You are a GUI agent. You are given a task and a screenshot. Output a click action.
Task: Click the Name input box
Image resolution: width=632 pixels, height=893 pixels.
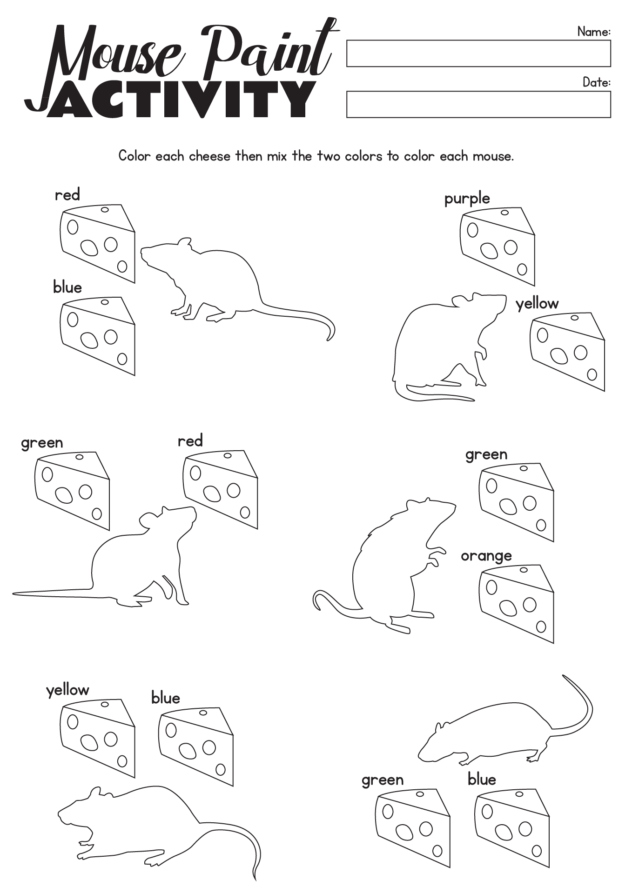(x=478, y=53)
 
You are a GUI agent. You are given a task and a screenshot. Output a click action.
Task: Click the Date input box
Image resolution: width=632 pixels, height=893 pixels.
(x=478, y=104)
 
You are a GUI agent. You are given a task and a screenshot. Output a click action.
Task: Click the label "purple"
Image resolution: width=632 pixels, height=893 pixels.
(x=467, y=199)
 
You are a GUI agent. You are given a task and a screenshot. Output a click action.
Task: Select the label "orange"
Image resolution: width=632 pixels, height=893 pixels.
(x=486, y=556)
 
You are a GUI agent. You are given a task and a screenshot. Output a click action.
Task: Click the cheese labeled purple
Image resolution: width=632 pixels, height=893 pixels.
(x=498, y=247)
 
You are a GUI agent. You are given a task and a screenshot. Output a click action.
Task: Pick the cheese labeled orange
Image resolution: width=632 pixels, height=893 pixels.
(x=517, y=604)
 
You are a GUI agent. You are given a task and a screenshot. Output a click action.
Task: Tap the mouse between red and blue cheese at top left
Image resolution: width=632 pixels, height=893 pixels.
(x=219, y=279)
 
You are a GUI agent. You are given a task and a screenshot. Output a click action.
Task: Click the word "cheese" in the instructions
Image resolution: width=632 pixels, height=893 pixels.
(x=209, y=156)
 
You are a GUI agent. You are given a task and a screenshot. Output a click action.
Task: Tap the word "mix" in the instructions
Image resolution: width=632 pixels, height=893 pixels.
(x=277, y=156)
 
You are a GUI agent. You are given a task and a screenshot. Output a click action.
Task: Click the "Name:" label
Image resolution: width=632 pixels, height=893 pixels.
(x=594, y=32)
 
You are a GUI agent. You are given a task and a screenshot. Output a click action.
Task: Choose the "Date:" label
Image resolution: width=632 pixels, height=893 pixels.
(x=597, y=82)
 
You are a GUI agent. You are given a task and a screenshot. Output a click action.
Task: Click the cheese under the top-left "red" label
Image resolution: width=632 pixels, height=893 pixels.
(x=97, y=243)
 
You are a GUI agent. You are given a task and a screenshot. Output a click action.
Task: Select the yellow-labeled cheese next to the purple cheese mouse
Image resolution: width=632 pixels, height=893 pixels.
(x=567, y=351)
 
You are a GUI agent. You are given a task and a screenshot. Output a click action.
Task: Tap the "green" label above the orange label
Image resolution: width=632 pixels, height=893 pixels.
(x=486, y=455)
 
